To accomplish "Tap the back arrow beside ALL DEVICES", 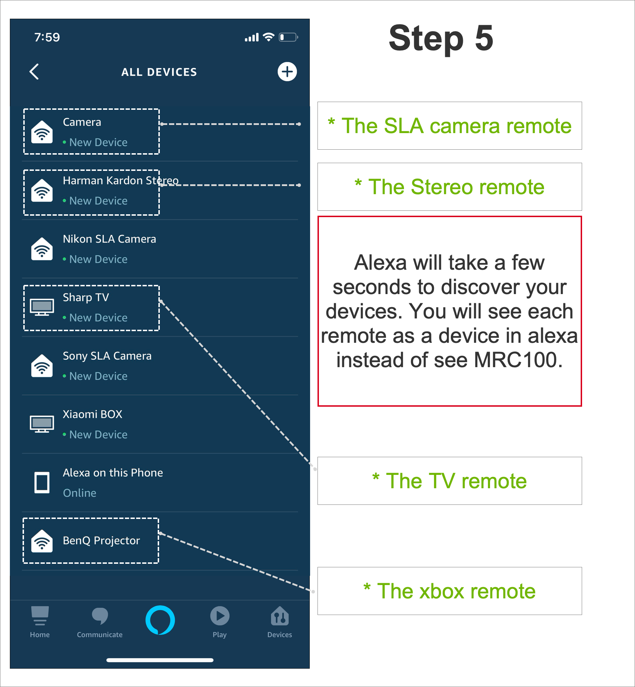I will tap(34, 72).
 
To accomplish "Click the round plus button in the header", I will tap(287, 72).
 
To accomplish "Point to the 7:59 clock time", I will tap(47, 37).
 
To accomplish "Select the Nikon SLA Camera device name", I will tap(109, 239).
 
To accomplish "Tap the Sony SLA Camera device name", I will tap(107, 356).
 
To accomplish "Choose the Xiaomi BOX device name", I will tap(92, 414).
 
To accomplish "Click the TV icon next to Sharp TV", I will tap(42, 307).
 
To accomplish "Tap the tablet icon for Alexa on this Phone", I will tap(42, 482).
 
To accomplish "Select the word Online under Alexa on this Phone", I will tap(80, 493).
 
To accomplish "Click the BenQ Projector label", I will tap(101, 540).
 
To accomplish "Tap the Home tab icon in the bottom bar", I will tap(40, 616).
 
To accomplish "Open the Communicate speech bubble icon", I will tap(100, 616).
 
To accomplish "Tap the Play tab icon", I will tap(220, 616).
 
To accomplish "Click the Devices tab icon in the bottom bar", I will tap(280, 616).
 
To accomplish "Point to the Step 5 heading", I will tap(441, 38).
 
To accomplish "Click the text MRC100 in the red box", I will tap(515, 360).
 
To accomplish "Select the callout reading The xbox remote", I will tap(449, 591).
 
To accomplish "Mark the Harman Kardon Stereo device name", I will tap(121, 180).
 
